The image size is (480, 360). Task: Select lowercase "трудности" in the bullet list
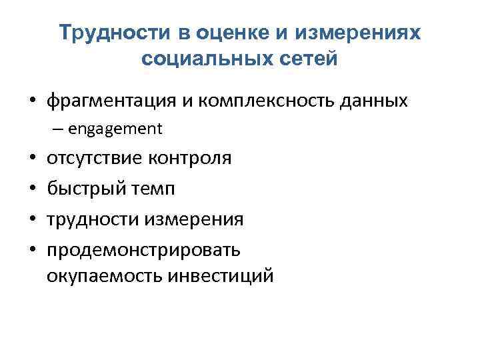(89, 219)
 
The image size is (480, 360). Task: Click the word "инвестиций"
(218, 274)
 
